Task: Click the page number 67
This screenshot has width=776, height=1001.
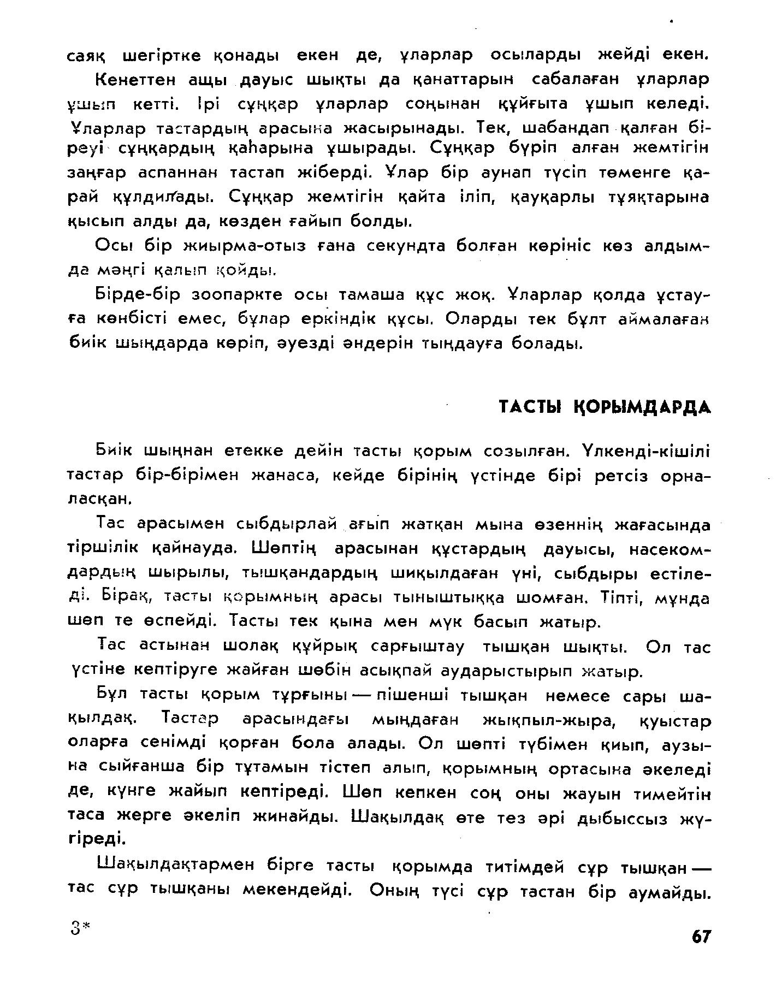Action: [701, 937]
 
